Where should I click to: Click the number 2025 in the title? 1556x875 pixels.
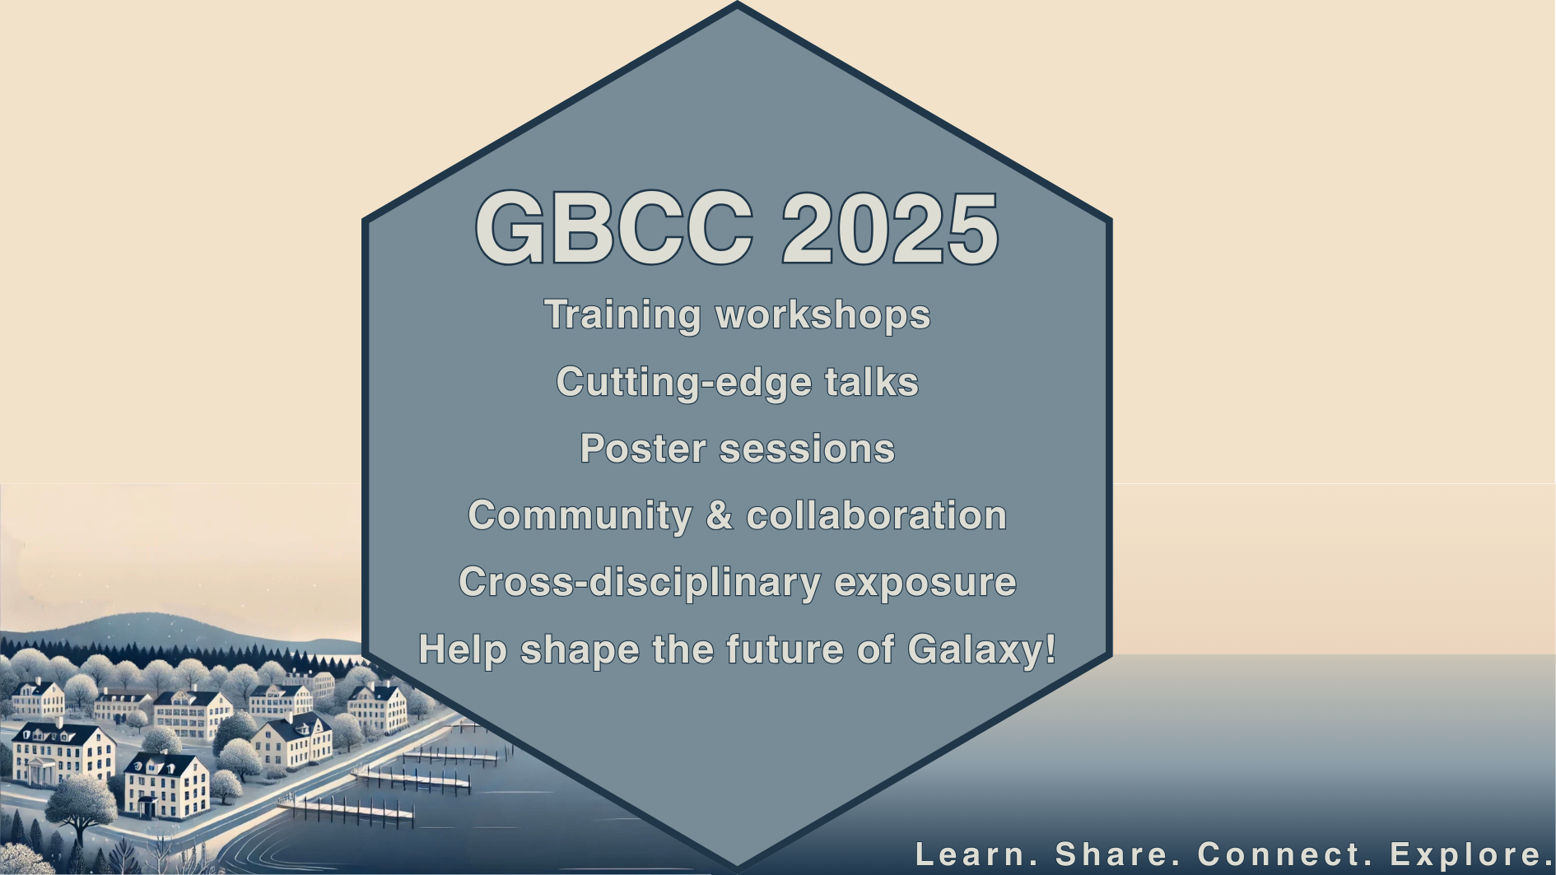tap(890, 228)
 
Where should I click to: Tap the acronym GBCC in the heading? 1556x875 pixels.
tap(614, 228)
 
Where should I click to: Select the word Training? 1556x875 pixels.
tap(622, 316)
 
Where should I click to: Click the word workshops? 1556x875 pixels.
tap(822, 315)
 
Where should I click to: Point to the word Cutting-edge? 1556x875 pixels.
tap(684, 383)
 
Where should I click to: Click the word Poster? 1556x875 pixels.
tap(643, 449)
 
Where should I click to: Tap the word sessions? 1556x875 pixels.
tap(807, 449)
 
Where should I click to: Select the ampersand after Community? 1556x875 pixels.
tap(719, 515)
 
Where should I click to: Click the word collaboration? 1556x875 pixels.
tap(876, 515)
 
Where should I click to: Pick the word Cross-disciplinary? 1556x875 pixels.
tap(640, 583)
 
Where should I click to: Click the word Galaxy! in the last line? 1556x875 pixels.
tap(982, 650)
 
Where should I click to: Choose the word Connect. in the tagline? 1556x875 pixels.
tap(1285, 854)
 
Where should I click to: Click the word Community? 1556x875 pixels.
tap(580, 516)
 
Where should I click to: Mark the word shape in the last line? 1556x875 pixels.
tap(580, 650)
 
